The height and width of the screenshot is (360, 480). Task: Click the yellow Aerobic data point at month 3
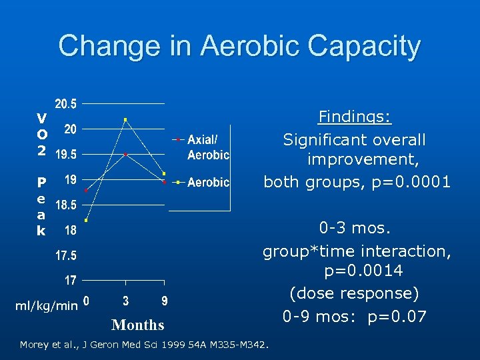125,120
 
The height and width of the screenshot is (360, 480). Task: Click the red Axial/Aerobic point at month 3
125,154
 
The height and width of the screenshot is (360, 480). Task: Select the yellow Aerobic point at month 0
86,220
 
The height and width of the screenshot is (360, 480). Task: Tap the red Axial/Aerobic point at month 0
86,191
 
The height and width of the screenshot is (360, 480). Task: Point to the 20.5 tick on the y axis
66,104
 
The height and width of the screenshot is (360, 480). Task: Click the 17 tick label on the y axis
69,280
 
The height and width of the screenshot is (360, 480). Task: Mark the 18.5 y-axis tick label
65,205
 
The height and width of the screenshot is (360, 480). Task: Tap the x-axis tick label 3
126,301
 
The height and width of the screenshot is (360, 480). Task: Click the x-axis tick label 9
164,301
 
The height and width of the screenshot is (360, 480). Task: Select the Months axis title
138,325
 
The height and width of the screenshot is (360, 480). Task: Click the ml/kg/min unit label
46,305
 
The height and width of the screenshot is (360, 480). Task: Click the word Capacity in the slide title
353,47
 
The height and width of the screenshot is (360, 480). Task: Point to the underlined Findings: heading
355,118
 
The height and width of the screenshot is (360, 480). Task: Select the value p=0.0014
363,272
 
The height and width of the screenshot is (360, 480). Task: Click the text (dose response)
354,293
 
